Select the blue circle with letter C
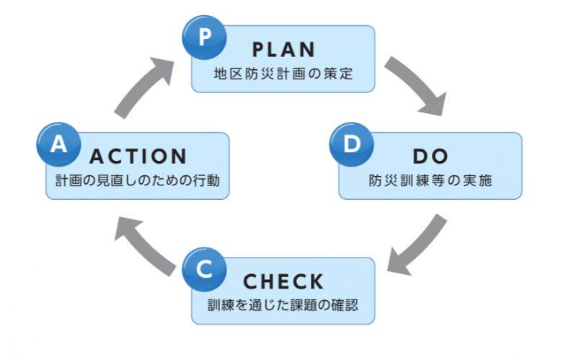(x=205, y=269)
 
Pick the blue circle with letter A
(x=58, y=144)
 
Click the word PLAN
(x=284, y=50)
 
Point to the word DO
(x=431, y=157)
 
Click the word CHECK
(x=284, y=281)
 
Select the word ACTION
(x=138, y=157)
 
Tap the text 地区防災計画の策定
(x=283, y=74)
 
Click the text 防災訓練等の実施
(x=430, y=180)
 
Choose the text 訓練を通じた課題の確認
(x=283, y=304)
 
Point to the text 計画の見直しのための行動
(x=138, y=180)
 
